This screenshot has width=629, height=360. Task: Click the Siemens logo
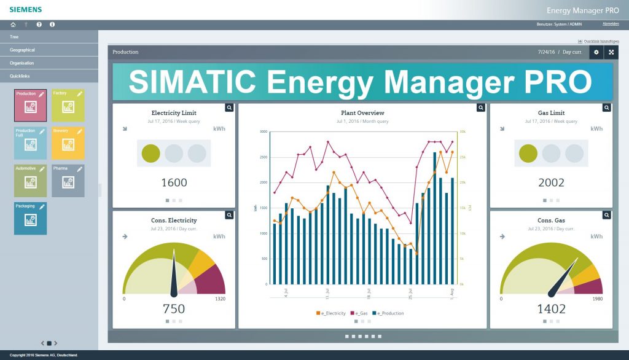click(x=25, y=9)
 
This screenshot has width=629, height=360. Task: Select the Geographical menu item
click(x=23, y=50)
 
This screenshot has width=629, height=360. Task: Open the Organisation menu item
click(x=22, y=63)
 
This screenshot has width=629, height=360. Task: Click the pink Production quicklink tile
click(x=30, y=105)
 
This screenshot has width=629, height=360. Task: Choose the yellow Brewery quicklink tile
click(x=68, y=143)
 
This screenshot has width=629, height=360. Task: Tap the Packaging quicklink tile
click(x=30, y=218)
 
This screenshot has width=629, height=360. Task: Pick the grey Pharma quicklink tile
click(x=68, y=181)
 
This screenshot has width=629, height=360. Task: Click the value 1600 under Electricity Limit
click(x=174, y=182)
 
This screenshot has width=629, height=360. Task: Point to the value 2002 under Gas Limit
click(x=550, y=182)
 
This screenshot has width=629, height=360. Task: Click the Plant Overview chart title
click(x=362, y=113)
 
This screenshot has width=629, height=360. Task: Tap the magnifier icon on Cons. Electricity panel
click(x=229, y=215)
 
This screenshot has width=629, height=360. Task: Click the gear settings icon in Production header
click(x=596, y=52)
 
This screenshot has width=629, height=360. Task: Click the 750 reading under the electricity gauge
click(x=174, y=308)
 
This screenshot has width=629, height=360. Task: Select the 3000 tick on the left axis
click(x=263, y=132)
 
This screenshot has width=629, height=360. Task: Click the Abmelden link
click(x=611, y=24)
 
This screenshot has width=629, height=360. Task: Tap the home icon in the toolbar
click(x=13, y=25)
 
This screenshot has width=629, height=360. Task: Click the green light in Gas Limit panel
click(x=528, y=153)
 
